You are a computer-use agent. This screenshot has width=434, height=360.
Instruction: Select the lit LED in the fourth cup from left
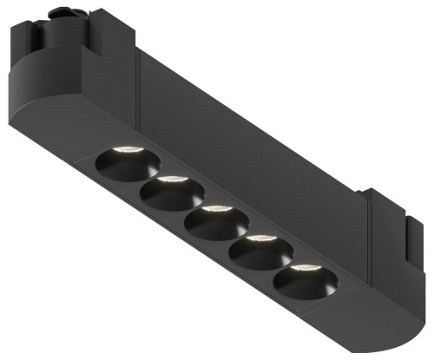point(260,238)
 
